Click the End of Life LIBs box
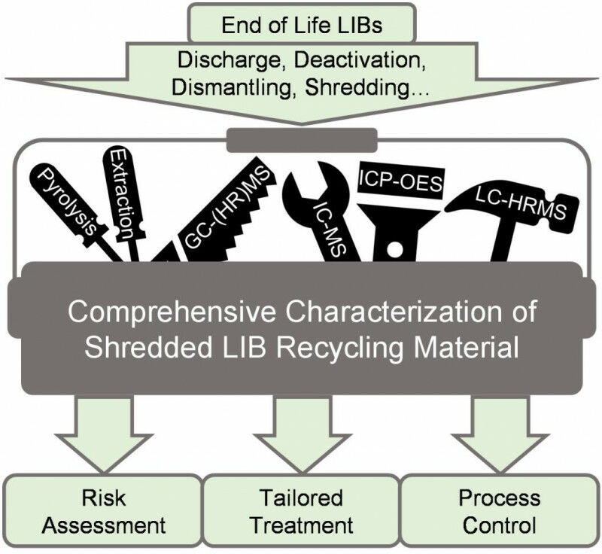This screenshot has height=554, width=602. coord(301,25)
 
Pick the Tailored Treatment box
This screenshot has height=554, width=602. coord(301,511)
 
